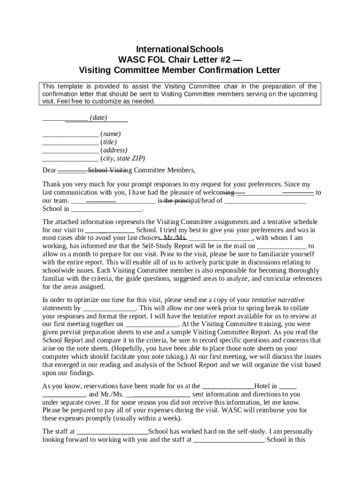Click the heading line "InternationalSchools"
(x=180, y=49)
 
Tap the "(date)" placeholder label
(x=98, y=118)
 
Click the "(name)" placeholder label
(x=110, y=134)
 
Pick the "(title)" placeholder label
(x=108, y=142)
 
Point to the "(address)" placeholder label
(x=114, y=150)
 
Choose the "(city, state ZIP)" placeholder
(x=122, y=159)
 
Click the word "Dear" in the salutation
(x=49, y=170)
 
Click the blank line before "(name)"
(x=70, y=134)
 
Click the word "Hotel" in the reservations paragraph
(x=262, y=386)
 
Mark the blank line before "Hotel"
(x=228, y=386)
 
